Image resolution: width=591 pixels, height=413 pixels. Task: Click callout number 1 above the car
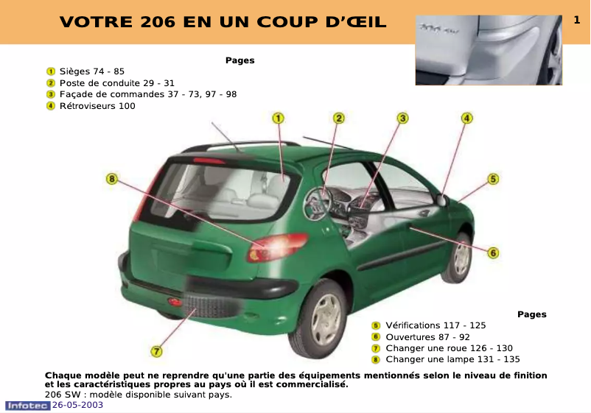tap(279, 118)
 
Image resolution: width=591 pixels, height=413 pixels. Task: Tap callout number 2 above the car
tap(338, 118)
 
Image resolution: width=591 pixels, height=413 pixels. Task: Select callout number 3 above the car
tap(403, 118)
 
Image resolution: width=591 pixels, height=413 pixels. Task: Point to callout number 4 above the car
tap(467, 118)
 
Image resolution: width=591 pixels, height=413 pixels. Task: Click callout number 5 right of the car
tap(493, 178)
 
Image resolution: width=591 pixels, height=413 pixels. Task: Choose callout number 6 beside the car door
tap(493, 253)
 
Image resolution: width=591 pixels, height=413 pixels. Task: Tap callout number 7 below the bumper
tap(156, 351)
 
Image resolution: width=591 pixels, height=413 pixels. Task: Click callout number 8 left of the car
tap(111, 178)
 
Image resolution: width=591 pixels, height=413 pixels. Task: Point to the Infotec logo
tap(28, 406)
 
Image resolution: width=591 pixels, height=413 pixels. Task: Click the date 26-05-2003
tap(77, 406)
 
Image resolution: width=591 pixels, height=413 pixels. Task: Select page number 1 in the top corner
tap(577, 21)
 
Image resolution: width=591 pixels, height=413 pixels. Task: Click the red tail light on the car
tap(278, 247)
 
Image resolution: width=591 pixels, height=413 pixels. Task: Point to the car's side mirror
tap(441, 200)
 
